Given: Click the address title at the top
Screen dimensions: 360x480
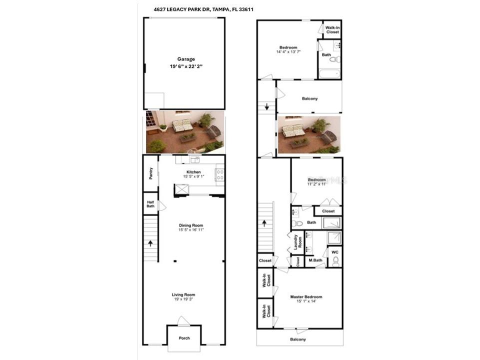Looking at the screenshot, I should click(x=206, y=9).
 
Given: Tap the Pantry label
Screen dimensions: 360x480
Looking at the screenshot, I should click(x=150, y=173).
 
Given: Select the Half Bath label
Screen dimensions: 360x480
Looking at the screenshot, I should click(x=150, y=204).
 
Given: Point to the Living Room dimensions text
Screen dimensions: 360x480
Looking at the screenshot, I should click(x=184, y=299).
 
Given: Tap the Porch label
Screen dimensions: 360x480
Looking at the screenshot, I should click(x=184, y=338).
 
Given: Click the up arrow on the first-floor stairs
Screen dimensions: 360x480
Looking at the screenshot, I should click(x=150, y=243).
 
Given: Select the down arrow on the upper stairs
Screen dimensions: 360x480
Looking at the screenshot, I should click(x=267, y=106).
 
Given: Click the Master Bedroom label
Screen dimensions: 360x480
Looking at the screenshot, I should click(x=306, y=296).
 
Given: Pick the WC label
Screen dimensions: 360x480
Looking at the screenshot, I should click(x=334, y=251).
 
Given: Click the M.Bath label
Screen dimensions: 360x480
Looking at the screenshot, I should click(x=314, y=260).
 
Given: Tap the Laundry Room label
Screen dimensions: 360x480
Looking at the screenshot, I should click(x=296, y=242).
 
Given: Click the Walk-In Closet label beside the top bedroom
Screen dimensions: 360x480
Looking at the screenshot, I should click(x=332, y=29).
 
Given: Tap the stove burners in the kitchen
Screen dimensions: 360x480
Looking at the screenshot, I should click(x=219, y=174).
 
